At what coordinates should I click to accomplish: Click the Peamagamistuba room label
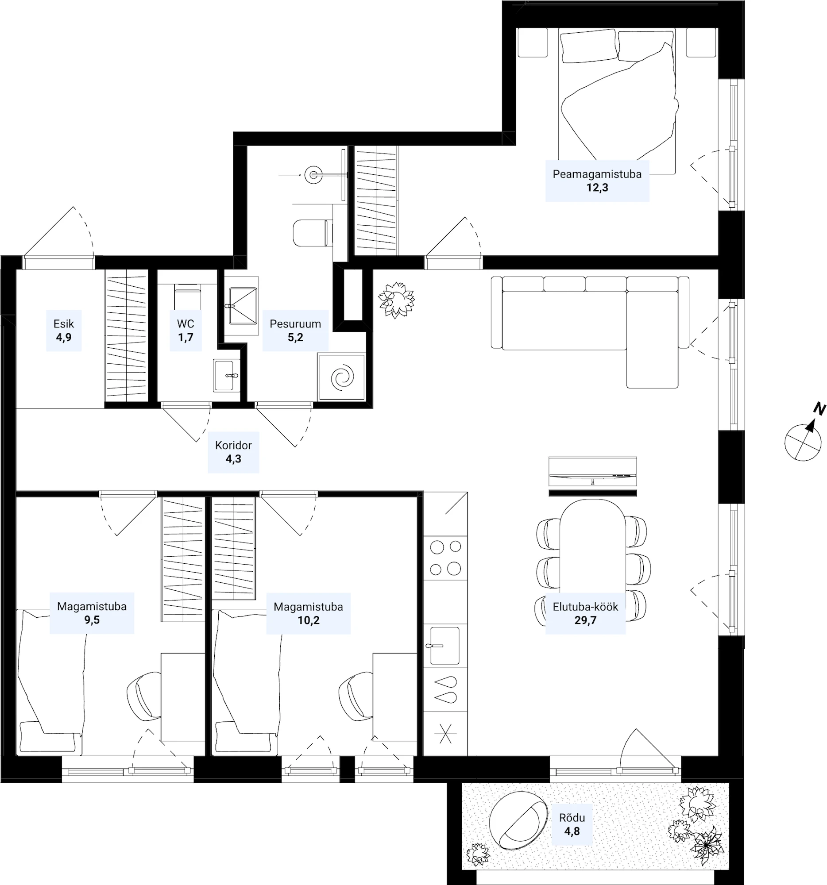tap(597, 174)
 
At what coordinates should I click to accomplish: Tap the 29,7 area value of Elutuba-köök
tap(585, 620)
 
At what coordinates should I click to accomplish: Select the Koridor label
tap(233, 445)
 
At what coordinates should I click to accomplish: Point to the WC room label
tap(185, 323)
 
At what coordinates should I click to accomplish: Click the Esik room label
tap(64, 323)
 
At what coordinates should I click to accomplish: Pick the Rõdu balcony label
tap(572, 818)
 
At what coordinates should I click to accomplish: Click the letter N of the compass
tap(819, 408)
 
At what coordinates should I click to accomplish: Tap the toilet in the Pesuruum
tap(313, 233)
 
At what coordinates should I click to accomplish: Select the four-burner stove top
tap(445, 558)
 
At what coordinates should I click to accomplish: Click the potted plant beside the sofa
tap(396, 300)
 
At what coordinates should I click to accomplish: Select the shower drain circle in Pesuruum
tap(313, 175)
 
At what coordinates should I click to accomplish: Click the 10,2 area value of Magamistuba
tap(309, 620)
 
